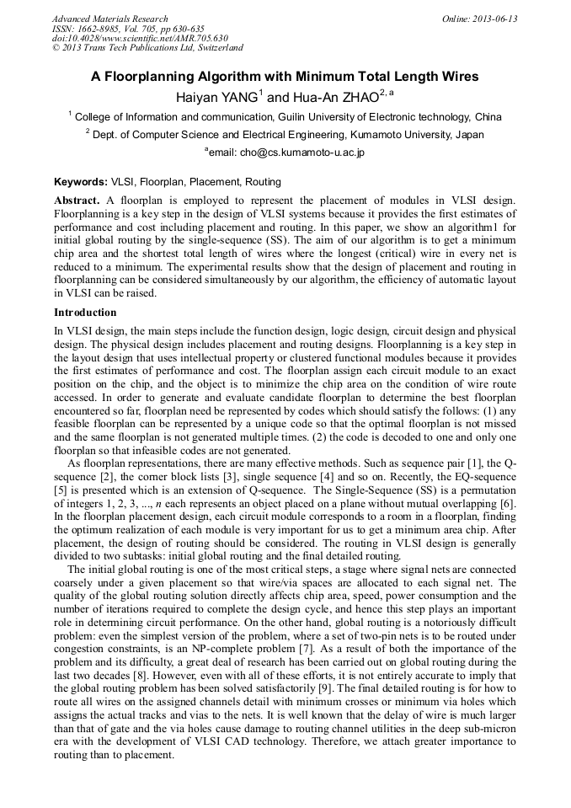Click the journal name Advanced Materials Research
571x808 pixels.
click(109, 19)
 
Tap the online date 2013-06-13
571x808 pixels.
click(494, 19)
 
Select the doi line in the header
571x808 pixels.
click(140, 38)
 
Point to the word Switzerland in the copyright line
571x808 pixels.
click(215, 48)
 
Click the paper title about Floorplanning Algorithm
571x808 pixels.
click(285, 77)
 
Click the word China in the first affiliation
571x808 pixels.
click(488, 117)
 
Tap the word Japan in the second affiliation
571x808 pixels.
click(468, 135)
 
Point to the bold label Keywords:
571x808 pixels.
click(81, 182)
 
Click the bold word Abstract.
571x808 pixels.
click(77, 201)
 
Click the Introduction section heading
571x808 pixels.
click(87, 313)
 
